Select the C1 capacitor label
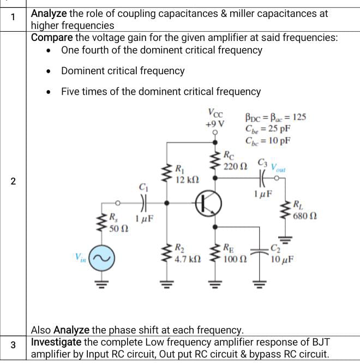coord(143,188)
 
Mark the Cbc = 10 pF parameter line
coord(268,140)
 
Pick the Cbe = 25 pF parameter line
coord(268,129)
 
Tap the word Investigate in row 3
coord(56,342)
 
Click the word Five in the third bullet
coord(71,91)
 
